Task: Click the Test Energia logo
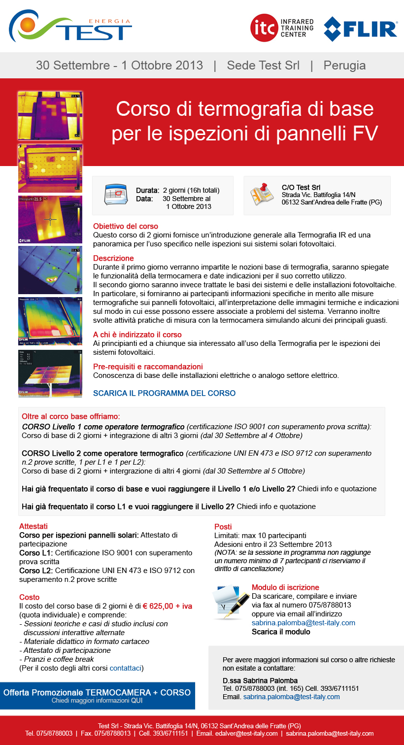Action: coord(70,27)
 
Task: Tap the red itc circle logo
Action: coord(264,28)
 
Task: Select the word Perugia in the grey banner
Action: coord(344,65)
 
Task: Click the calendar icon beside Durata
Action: coord(116,195)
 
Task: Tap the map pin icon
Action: coord(262,195)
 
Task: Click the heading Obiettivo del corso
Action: coord(126,226)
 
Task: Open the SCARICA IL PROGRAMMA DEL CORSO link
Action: coord(164,393)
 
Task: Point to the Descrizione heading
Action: coord(113,258)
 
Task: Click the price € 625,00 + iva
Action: coord(168,606)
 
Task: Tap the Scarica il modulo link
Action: coord(281,632)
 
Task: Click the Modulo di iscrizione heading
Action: coord(285,587)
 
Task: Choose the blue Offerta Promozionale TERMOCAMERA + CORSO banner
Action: coord(97,695)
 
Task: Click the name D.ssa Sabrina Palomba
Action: coord(260,680)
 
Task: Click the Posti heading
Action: coord(223,527)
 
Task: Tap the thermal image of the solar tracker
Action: coord(50,373)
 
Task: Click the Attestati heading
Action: coord(34,526)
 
